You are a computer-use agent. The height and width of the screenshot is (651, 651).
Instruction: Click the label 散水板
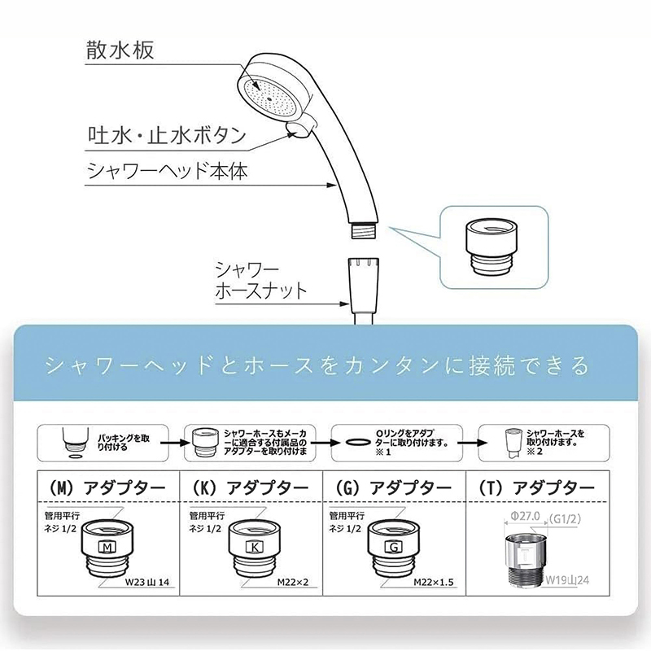(119, 50)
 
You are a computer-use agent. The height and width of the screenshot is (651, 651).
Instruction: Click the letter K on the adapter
(254, 546)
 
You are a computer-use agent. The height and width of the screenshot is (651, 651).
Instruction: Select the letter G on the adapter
(394, 546)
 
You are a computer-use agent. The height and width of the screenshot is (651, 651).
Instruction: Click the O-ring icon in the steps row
(357, 441)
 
